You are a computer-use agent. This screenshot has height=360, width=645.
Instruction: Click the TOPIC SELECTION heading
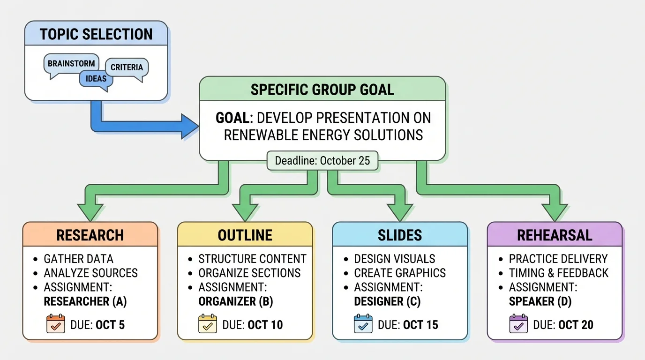(96, 34)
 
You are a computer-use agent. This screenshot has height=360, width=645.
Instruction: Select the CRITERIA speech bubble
(127, 67)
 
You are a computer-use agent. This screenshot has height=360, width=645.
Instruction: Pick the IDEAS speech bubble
(96, 79)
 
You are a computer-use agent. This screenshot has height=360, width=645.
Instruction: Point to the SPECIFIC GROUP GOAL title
(322, 89)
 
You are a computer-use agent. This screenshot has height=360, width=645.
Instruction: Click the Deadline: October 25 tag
(322, 161)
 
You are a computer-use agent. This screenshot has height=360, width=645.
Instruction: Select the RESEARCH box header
(90, 235)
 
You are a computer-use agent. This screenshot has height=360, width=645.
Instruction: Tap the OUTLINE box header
(245, 235)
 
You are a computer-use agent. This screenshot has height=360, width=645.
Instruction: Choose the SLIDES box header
(400, 235)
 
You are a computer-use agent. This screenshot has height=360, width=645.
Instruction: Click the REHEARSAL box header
(555, 235)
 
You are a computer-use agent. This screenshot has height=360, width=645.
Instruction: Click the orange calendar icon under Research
(56, 324)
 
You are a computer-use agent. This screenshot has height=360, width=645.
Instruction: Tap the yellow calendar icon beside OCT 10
(208, 324)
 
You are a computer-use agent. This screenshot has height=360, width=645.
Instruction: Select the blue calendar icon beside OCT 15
(362, 324)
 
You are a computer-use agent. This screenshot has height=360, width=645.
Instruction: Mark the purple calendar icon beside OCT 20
(518, 324)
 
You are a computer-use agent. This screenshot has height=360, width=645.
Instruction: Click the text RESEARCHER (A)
(85, 301)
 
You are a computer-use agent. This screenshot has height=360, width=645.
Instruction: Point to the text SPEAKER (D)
(540, 301)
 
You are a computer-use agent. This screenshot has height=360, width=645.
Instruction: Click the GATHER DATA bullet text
(78, 259)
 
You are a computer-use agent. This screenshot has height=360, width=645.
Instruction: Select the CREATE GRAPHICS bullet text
(400, 273)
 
